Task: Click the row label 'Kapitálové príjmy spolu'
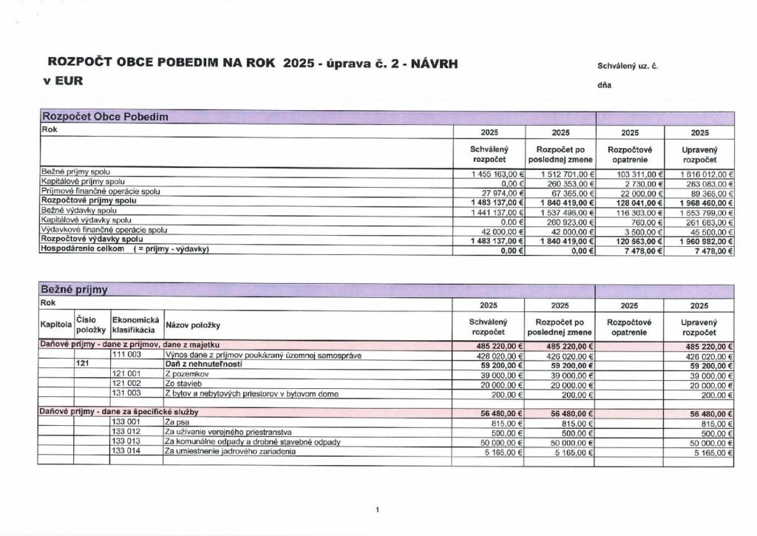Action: click(x=83, y=181)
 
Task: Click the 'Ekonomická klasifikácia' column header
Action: click(x=136, y=324)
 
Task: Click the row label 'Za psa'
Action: click(x=176, y=422)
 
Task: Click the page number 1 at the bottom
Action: click(x=378, y=509)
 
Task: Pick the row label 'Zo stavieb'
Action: click(x=183, y=384)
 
